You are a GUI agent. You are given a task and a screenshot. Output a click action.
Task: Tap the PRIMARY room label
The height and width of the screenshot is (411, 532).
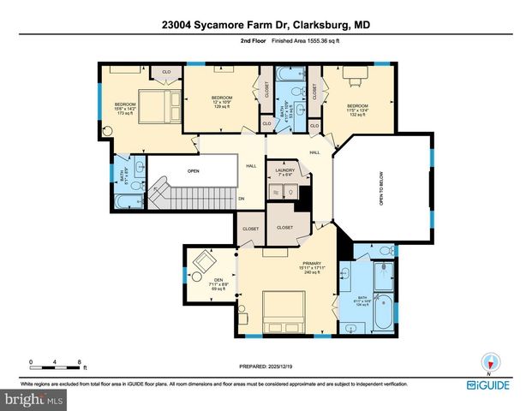311,265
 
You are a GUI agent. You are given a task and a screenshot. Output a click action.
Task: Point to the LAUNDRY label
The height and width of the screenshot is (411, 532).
284,171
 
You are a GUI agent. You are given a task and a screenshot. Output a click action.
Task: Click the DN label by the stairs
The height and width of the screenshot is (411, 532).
242,199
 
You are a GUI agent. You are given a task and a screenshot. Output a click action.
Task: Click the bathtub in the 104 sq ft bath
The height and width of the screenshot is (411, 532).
382,313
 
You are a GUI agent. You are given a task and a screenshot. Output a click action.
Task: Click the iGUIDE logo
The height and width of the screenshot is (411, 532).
489,386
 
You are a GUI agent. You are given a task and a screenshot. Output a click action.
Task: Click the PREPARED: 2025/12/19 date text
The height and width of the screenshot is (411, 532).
266,366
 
